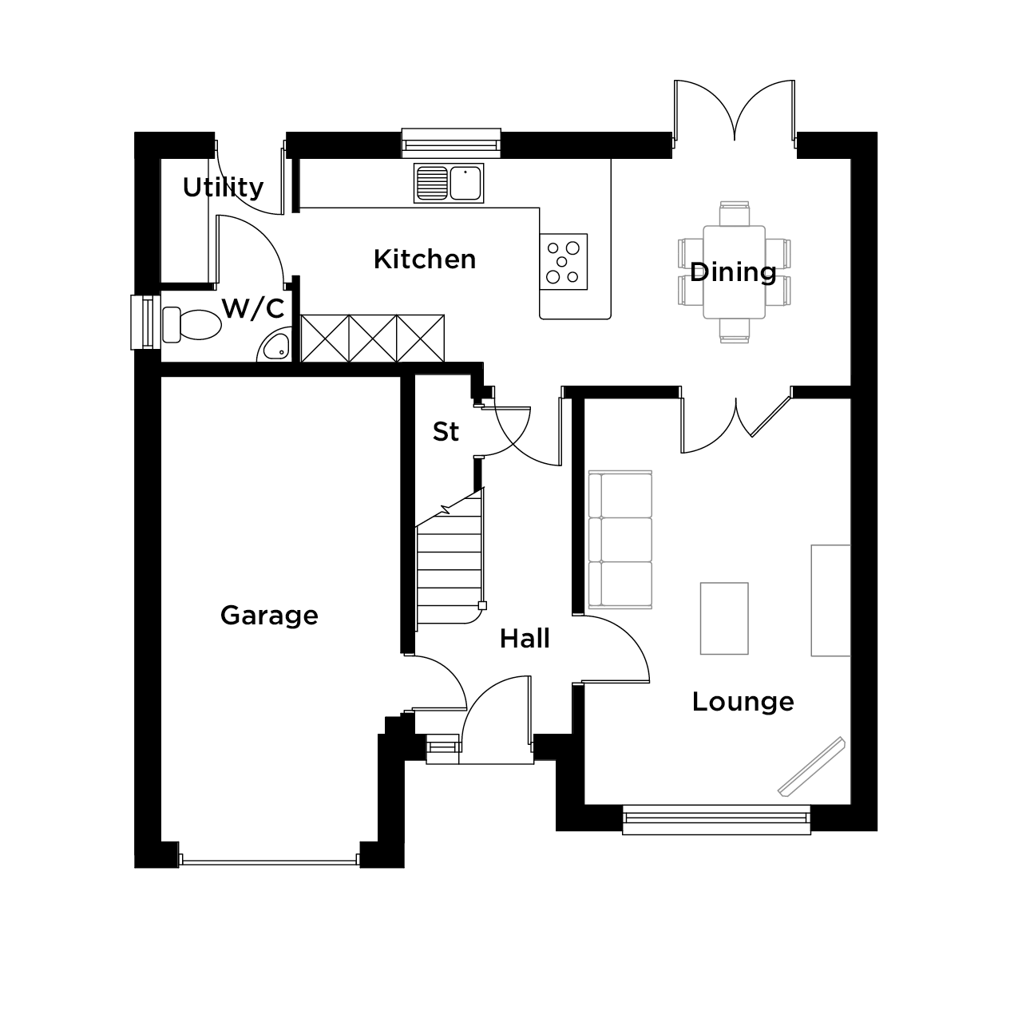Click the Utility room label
(x=223, y=188)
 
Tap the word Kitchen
(x=425, y=259)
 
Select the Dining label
(x=733, y=272)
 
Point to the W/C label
(x=253, y=308)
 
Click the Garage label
(x=269, y=616)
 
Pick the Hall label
(x=525, y=639)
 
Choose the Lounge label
(x=743, y=702)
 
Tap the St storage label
(x=446, y=432)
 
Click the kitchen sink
(x=449, y=183)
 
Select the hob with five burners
(x=563, y=262)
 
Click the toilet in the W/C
(x=192, y=324)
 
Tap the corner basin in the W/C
(x=274, y=346)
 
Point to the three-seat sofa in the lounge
(x=620, y=539)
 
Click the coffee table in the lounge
(x=724, y=618)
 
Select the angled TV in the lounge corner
(x=811, y=766)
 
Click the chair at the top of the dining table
(x=735, y=213)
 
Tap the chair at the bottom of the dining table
(x=735, y=331)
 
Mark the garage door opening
(x=269, y=862)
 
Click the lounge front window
(x=716, y=819)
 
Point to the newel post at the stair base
(x=482, y=606)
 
